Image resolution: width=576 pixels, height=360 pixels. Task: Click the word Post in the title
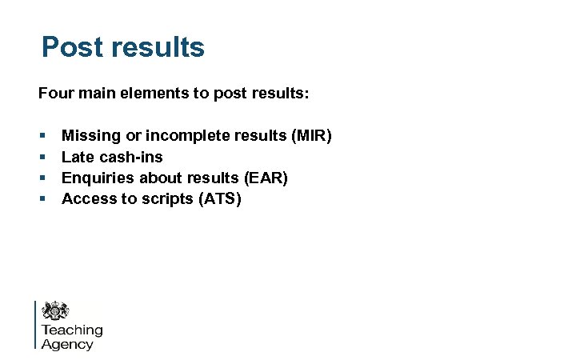point(71,47)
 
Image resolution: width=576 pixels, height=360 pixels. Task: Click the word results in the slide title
point(158,47)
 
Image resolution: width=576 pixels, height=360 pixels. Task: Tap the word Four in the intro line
point(54,94)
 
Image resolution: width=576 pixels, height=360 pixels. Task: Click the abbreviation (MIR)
point(310,136)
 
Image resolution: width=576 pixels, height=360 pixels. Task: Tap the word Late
point(78,157)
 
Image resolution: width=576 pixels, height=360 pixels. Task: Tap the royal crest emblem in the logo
point(55,310)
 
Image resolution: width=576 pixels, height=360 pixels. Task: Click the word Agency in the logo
point(67,345)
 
